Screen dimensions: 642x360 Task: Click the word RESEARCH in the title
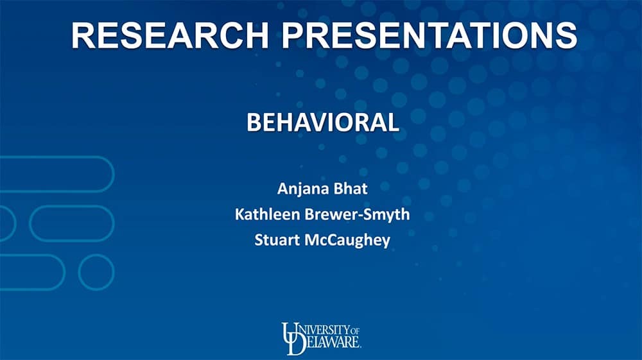pyautogui.click(x=170, y=35)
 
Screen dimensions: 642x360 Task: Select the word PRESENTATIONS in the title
pyautogui.click(x=429, y=35)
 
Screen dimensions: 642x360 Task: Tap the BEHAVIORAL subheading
pyautogui.click(x=323, y=123)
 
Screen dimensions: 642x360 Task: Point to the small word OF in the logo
pyautogui.click(x=355, y=330)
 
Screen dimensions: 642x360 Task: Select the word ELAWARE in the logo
pyautogui.click(x=333, y=342)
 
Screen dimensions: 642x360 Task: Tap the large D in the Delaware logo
pyautogui.click(x=296, y=344)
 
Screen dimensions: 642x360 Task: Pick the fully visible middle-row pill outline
pyautogui.click(x=72, y=205)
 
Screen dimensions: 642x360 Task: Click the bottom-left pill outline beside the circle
pyautogui.click(x=32, y=255)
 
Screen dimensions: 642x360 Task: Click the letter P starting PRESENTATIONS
pyautogui.click(x=292, y=35)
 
